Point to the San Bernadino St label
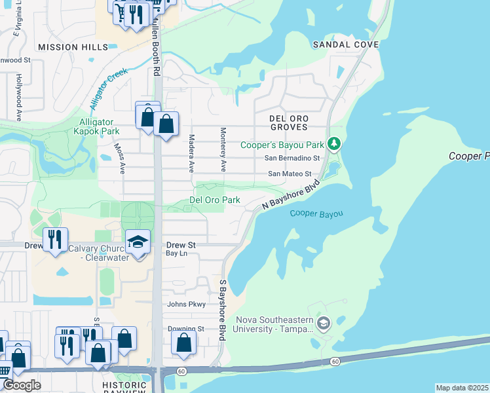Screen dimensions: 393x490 (292, 159)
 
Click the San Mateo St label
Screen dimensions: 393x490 (293, 174)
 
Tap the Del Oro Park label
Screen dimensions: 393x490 (215, 200)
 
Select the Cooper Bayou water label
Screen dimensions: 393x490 (316, 214)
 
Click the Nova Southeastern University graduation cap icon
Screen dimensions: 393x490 (323, 323)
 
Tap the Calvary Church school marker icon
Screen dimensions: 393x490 (138, 243)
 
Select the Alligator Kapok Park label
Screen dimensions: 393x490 (96, 127)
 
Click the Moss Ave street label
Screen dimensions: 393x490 (119, 159)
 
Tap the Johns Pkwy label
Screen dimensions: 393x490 (187, 305)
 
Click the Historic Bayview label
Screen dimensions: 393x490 (130, 385)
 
